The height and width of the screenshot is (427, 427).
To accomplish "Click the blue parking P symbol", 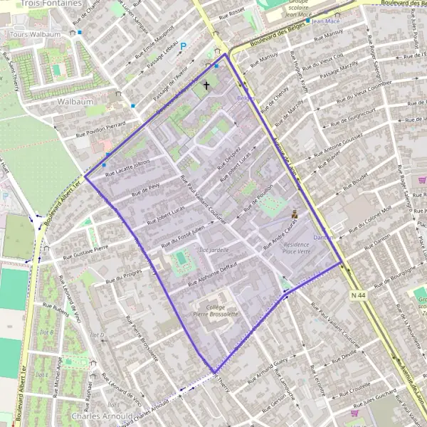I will (x=183, y=46).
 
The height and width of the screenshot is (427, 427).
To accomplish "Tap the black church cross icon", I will (x=207, y=85).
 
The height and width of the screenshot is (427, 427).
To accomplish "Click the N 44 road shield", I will (x=359, y=294).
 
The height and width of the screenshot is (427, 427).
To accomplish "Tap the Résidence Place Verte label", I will (x=297, y=248).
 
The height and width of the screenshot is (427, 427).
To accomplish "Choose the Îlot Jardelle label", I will (x=214, y=250).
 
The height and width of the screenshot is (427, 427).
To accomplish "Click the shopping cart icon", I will (x=354, y=411).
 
